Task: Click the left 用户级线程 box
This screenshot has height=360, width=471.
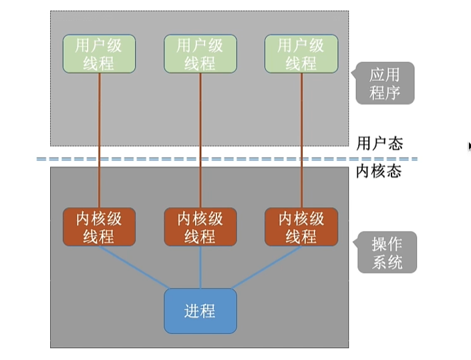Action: coord(99,54)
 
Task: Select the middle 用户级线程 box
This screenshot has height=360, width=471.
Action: coord(200,54)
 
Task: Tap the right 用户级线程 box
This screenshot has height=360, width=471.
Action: coord(301,54)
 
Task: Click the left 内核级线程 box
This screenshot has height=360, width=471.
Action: coord(99,227)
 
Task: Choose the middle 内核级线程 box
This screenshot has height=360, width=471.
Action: coord(200,227)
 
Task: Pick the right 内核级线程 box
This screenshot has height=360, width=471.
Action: coord(301,227)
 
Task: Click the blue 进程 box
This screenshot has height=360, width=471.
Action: coord(200,311)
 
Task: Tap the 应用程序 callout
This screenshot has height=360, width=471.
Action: coord(385,83)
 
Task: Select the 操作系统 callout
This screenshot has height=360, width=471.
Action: coord(387,252)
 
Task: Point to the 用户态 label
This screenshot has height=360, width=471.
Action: coord(379,143)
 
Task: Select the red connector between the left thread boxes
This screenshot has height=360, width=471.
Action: coord(99,134)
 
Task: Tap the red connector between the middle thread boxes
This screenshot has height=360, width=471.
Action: coord(200,134)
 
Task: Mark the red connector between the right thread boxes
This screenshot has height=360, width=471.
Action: coord(301,134)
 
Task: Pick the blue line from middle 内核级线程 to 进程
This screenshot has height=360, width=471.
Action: coord(200,267)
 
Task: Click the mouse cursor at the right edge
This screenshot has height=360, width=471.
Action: coord(470,146)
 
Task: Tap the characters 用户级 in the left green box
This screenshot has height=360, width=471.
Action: coord(99,45)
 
